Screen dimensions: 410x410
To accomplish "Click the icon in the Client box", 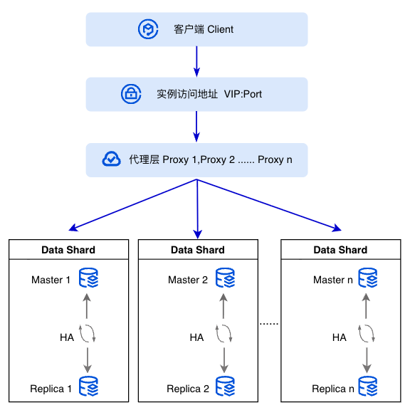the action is (148, 29).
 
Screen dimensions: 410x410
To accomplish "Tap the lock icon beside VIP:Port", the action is (131, 94).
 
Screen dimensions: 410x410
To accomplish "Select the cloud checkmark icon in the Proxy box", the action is (111, 159).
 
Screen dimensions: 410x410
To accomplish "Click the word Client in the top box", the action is (220, 29).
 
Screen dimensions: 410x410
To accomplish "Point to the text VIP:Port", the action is (243, 94).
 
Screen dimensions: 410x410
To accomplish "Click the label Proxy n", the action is (275, 159).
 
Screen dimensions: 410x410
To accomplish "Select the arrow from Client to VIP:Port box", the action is (196, 62).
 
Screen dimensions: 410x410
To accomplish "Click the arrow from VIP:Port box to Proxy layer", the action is (196, 127).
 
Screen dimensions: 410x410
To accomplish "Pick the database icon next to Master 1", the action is (89, 278).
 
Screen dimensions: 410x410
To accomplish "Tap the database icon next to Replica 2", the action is (225, 387).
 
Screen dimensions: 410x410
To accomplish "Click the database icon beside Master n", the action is (368, 278).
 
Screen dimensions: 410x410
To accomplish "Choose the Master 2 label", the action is (188, 280).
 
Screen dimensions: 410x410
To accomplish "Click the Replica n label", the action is (333, 389).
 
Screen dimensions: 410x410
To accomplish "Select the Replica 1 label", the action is (51, 389).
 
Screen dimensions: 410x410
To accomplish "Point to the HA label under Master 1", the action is (67, 337).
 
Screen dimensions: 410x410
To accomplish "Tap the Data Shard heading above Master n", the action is (340, 250).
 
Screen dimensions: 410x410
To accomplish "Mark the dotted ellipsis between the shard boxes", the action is (269, 324).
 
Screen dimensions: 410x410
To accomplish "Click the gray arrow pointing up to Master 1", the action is (87, 306).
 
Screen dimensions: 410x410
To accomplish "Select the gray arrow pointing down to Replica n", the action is (367, 360).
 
